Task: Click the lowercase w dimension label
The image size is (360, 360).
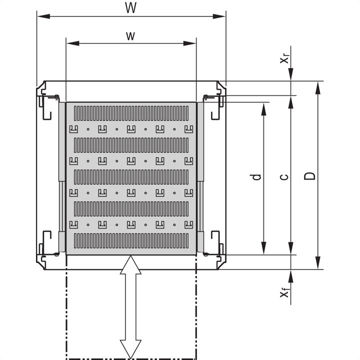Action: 130,35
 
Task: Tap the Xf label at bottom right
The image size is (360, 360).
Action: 284,292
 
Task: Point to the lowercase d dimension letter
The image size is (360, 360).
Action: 256,177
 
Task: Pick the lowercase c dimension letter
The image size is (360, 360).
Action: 283,177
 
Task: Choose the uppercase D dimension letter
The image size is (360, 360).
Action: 310,176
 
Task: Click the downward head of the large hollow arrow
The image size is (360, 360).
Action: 130,349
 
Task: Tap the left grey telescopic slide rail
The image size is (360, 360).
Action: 62,177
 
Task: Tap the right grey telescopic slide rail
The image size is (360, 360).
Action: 200,177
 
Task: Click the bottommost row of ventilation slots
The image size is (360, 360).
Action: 131,241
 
